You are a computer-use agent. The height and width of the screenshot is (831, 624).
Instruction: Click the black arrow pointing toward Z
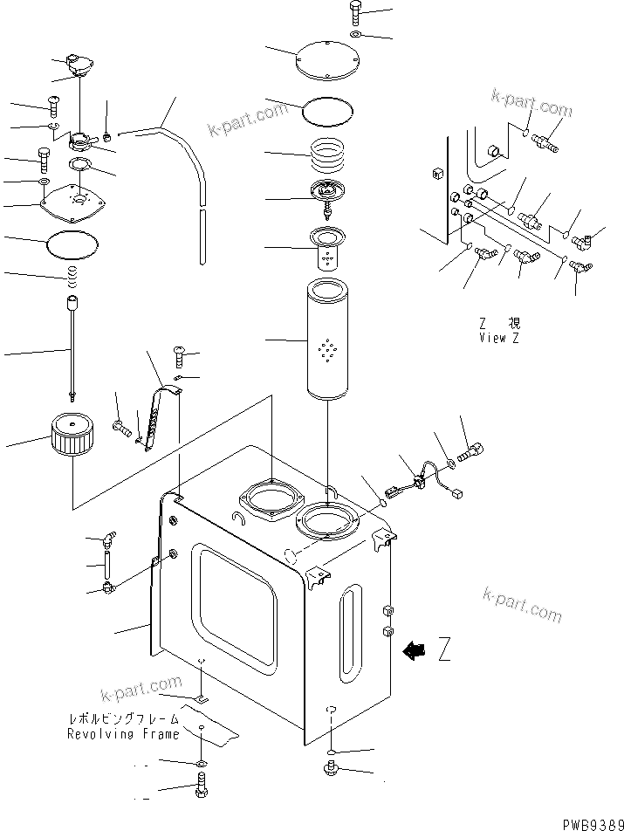(414, 649)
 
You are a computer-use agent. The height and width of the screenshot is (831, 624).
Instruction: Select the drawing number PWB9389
(591, 822)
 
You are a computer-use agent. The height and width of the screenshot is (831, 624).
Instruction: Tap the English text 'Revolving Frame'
(123, 734)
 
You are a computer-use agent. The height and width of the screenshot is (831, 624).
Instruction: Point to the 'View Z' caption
(498, 338)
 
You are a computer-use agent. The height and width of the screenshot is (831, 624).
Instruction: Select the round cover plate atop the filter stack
(329, 56)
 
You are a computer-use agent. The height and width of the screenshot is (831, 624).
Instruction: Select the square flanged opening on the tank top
(271, 503)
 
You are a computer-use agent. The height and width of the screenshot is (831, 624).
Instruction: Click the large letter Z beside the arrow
(443, 650)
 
